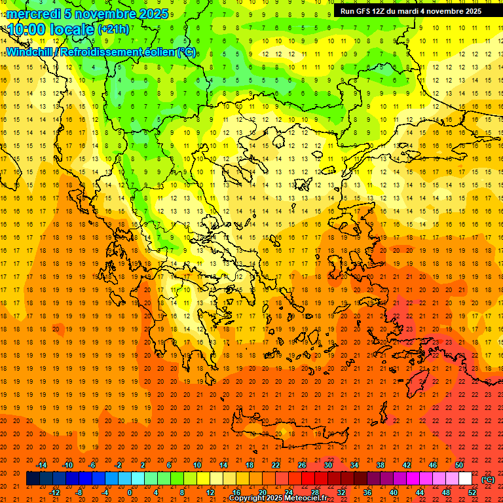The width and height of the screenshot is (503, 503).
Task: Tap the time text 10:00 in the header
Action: pos(28,29)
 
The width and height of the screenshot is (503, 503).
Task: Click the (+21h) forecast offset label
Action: pos(113,29)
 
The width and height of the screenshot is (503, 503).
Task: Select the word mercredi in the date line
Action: pos(34,13)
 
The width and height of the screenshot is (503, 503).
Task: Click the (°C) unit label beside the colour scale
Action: pos(488,480)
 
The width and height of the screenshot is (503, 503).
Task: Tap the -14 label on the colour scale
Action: pos(42,465)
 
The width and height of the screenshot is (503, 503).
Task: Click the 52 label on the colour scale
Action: pos(472,493)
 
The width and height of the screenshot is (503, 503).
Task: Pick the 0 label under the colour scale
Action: pos(130,493)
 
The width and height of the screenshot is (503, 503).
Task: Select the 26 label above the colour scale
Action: pos(302,465)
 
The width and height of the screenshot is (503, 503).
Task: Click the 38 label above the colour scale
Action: pos(380,465)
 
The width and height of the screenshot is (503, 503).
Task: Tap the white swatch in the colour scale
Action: pos(465,479)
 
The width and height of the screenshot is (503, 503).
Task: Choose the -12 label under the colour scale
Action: pos(55,493)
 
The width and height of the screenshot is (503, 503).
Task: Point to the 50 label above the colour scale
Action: pos(459,465)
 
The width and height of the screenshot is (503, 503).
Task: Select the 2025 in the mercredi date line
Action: pos(152,13)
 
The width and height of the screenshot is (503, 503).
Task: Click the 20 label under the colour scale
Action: pos(263,493)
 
